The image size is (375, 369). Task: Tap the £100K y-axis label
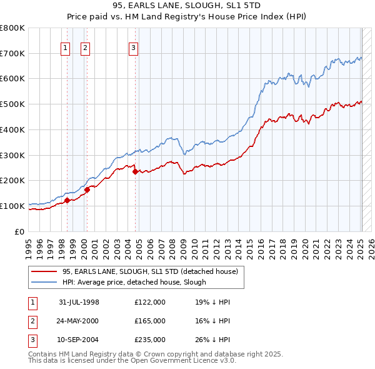[x=12, y=206]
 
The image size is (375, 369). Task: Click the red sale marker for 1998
[x=67, y=201]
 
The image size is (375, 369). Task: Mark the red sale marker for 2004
[x=135, y=171]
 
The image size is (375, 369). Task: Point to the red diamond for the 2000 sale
[x=87, y=190]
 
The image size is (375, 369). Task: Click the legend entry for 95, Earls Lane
[x=150, y=272]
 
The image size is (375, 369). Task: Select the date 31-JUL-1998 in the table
[x=79, y=302]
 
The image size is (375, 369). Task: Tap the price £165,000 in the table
[x=150, y=321]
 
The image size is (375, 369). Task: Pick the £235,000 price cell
[x=150, y=340]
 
